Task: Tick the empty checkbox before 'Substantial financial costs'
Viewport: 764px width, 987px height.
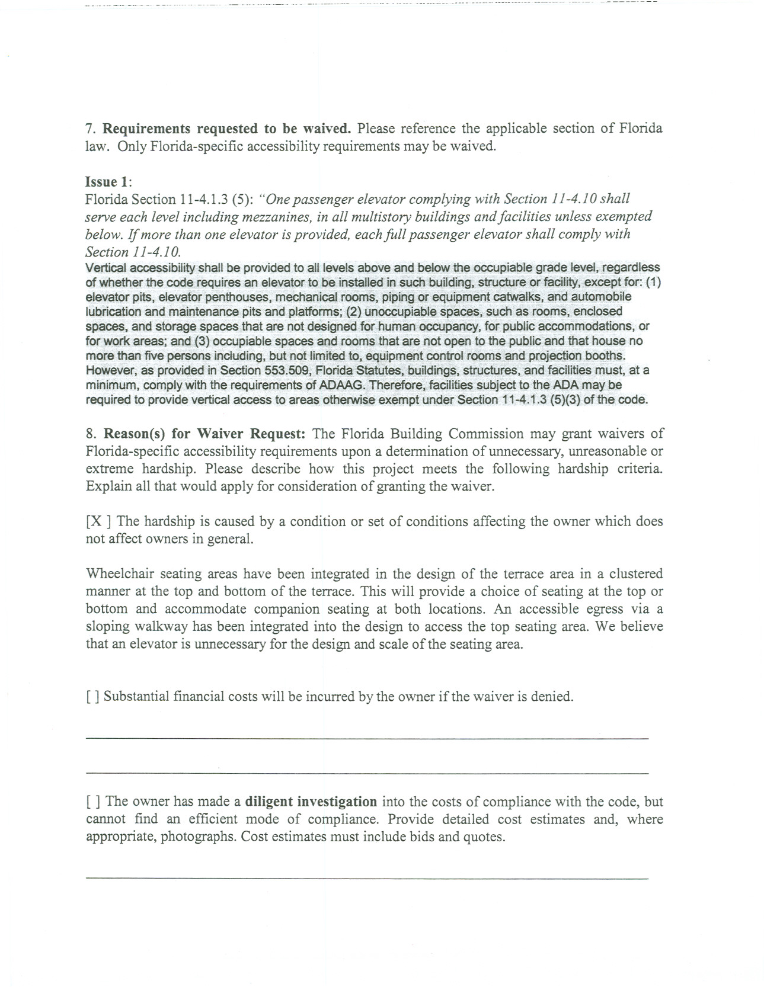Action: (92, 696)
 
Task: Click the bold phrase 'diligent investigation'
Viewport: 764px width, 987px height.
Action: (311, 802)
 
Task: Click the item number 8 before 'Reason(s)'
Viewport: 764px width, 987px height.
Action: (90, 434)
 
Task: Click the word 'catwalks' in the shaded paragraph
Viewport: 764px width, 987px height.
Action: (529, 297)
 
